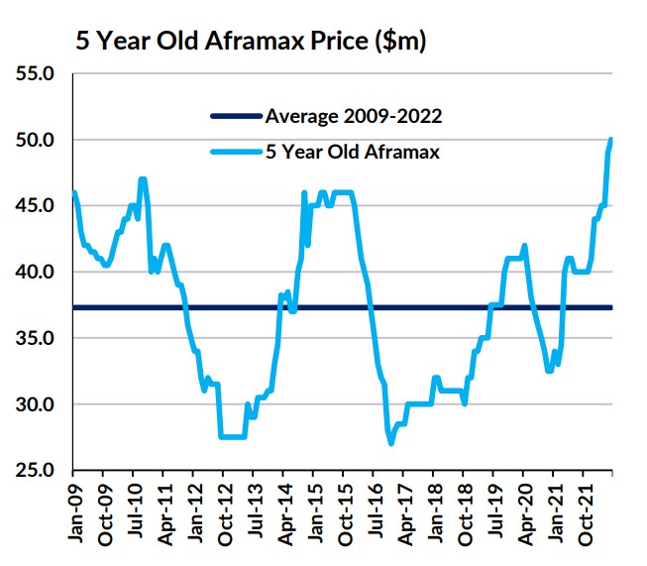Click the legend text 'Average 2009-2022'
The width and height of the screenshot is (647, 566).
354,116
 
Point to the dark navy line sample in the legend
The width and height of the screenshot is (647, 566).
236,117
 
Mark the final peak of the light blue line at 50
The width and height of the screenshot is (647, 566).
611,140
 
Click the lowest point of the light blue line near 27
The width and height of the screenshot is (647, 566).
391,443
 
